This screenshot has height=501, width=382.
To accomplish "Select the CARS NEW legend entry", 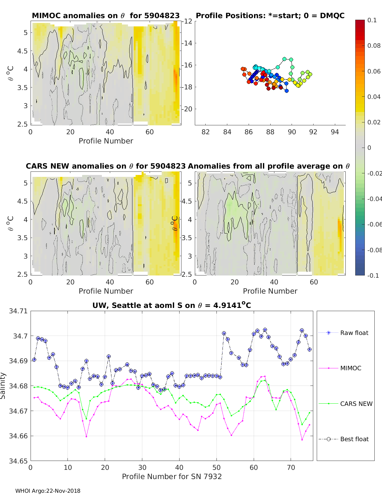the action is pos(345,404).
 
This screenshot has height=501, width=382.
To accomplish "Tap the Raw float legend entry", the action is pos(343,333).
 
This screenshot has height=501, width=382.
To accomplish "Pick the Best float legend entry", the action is pos(343,439).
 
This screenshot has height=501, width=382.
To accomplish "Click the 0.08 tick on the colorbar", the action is pos(373,46).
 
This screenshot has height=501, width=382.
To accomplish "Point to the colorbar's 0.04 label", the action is pos(373,97).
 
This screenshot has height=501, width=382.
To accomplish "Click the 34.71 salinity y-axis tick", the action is pos(18,311).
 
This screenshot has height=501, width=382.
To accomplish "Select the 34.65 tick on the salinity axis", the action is pos(18,461).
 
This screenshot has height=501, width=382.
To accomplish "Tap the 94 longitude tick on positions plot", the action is pos(335,132).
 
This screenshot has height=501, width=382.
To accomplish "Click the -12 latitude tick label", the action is pos(187,21).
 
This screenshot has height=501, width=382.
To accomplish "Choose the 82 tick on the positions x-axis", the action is pos(206,132).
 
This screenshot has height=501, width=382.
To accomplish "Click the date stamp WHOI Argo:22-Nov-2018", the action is pos(48,491).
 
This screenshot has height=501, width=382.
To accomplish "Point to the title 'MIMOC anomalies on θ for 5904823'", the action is pos(106,16).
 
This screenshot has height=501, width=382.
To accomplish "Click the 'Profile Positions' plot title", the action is pos(270,16).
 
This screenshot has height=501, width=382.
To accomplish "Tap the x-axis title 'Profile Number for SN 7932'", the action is pos(172,477).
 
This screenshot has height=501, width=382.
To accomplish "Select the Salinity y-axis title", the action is pos(3,386).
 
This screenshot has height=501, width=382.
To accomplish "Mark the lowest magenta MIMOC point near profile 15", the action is pos(86,437).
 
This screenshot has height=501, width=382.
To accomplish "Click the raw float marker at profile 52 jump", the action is pos(224,333).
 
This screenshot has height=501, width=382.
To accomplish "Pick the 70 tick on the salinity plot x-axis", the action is pos(291,468).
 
